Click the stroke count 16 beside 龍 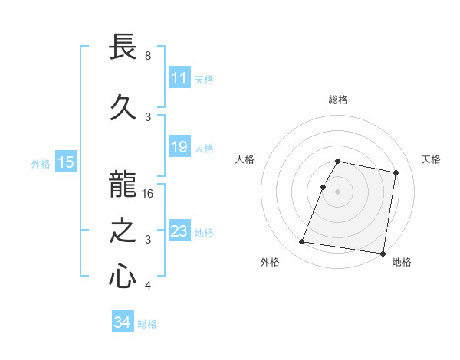coord(149,193)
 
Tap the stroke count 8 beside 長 coord(148,56)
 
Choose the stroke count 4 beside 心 coord(148,286)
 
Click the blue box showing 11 coord(179,78)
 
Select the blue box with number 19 coord(179,147)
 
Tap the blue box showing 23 coord(179,231)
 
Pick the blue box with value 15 coord(66,162)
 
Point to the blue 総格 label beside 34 coord(147,323)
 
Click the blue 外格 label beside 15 coord(41,163)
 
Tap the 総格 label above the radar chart coord(338,100)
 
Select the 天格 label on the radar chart coord(431,159)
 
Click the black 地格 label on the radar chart coord(402,262)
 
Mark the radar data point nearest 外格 coord(302,242)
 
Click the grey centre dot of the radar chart coord(338,191)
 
